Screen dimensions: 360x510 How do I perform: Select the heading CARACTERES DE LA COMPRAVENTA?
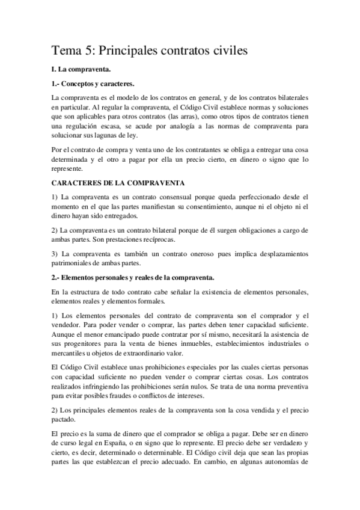pyautogui.click(x=118, y=182)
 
